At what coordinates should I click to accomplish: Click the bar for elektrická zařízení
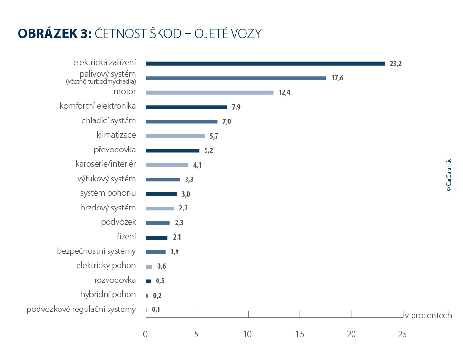coord(265,63)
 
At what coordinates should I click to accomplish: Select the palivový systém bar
coord(236,78)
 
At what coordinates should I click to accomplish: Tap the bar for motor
coord(209,92)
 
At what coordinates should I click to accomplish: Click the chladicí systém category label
coord(108,120)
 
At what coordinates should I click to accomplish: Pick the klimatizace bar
coord(175,136)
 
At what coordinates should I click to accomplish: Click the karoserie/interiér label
coord(106,164)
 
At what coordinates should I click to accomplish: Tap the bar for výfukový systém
coord(163,180)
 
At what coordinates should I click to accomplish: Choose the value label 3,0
coord(186,194)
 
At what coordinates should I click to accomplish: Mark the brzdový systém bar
coord(159,209)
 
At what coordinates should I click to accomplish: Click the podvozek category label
coord(118,222)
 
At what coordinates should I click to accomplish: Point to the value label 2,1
coord(177,238)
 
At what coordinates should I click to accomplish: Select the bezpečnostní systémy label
coord(96,251)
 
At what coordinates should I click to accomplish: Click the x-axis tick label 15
coord(300,335)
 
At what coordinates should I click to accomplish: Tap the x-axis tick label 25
coord(402,335)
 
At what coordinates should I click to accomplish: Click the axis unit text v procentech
coord(428,315)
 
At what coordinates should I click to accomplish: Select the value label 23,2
coord(395,64)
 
